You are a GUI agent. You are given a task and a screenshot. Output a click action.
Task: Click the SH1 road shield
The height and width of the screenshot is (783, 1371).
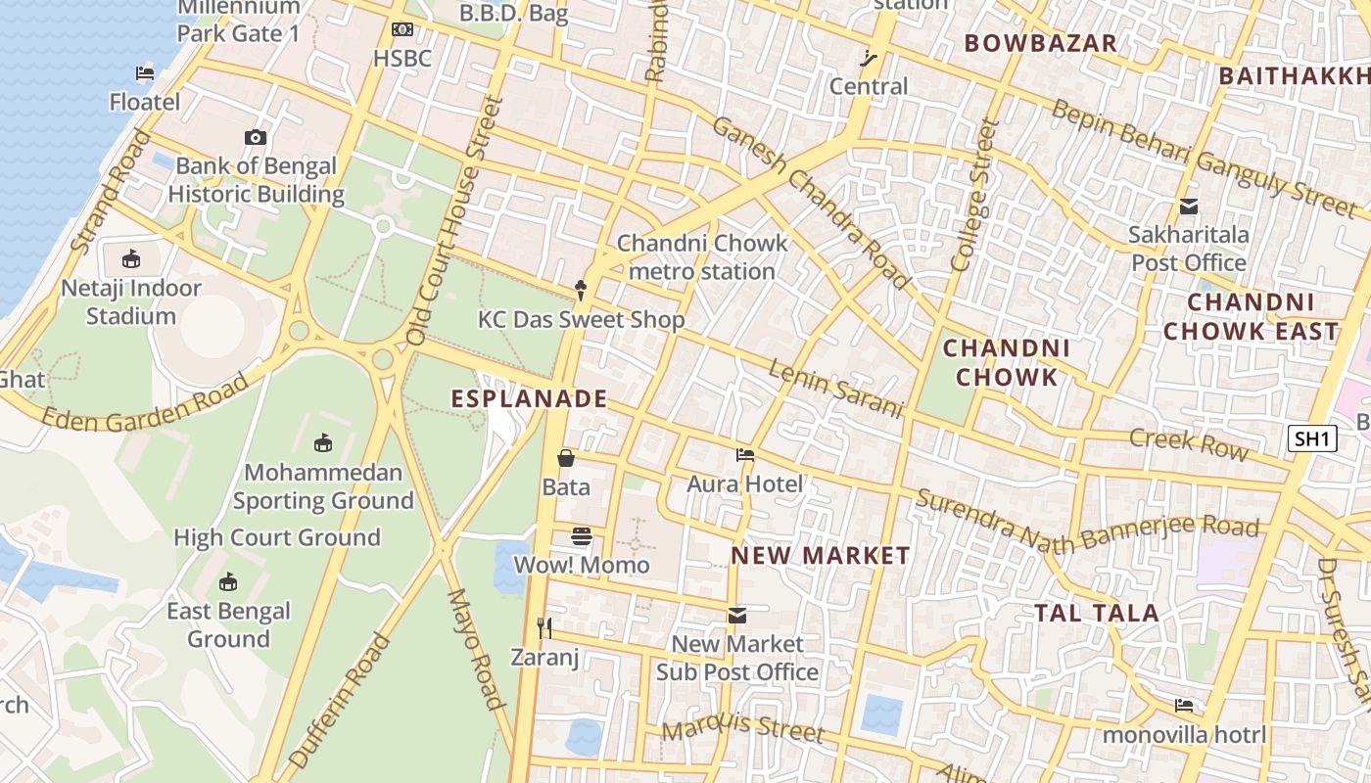point(1311,438)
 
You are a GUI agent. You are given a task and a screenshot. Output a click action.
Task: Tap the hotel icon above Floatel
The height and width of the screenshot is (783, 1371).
point(145,73)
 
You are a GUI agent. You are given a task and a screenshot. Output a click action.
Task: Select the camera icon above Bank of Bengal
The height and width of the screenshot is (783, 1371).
point(256,138)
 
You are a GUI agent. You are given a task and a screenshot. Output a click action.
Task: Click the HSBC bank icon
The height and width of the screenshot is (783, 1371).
point(402,30)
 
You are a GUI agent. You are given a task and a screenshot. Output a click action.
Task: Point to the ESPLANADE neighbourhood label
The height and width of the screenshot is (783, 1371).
point(529,398)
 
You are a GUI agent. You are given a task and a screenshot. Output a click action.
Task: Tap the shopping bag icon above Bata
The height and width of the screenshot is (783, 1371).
point(566,457)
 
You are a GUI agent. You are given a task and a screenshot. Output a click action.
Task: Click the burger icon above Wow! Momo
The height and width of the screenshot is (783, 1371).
point(582,536)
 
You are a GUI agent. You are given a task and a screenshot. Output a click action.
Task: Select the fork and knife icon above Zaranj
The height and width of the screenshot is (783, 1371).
point(545,627)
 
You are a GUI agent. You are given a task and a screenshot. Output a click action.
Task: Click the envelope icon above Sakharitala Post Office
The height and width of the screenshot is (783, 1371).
point(1189,207)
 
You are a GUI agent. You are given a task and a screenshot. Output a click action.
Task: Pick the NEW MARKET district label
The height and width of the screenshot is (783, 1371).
point(821,555)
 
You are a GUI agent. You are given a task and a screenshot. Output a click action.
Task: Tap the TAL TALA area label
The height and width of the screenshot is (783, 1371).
point(1097,614)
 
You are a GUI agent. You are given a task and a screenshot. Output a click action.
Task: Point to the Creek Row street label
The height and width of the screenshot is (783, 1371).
point(1189,442)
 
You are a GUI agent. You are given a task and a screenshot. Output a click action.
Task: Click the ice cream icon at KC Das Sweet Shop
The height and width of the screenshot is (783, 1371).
point(581,290)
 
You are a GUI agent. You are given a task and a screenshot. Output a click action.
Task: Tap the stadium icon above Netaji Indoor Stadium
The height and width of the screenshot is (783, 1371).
point(131,259)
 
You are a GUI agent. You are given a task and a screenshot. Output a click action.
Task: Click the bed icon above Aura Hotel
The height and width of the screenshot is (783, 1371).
point(745,455)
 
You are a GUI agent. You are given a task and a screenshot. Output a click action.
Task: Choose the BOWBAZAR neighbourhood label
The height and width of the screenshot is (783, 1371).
point(1040,43)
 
